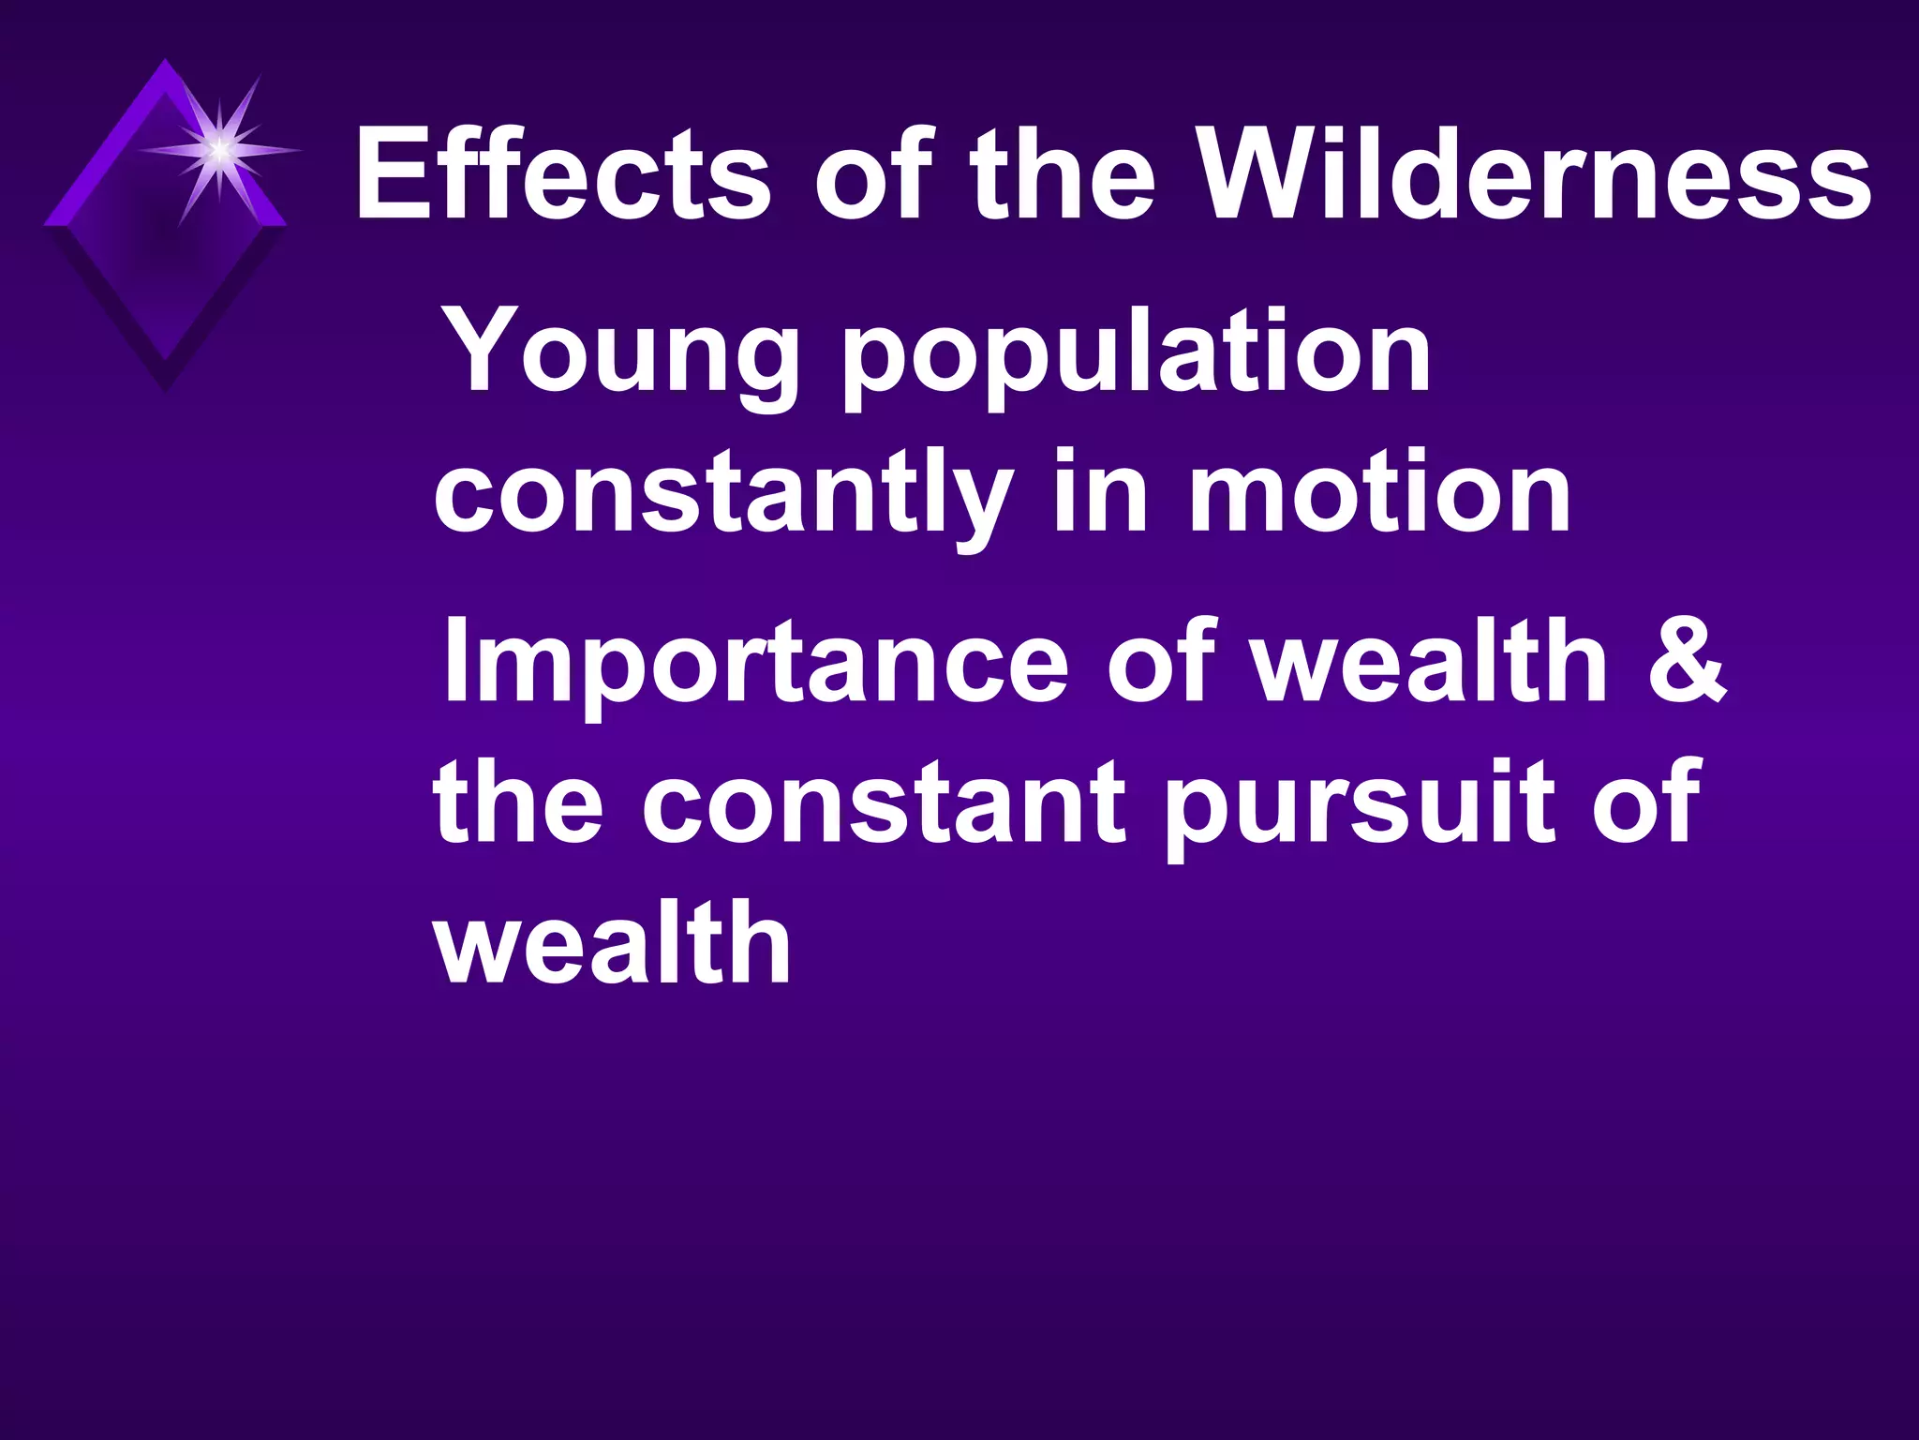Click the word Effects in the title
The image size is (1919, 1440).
[x=562, y=174]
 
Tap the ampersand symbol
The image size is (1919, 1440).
[x=1687, y=662]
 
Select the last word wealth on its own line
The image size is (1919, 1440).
[x=613, y=941]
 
